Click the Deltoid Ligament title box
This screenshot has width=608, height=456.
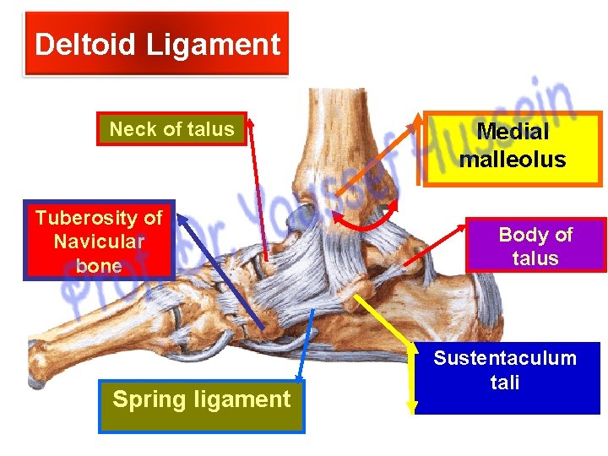157,44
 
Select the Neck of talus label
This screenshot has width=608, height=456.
171,129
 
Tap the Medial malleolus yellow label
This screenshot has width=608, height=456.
513,145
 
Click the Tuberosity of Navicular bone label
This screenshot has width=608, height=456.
99,242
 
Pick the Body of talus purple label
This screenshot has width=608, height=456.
535,246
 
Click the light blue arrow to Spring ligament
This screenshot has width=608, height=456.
306,347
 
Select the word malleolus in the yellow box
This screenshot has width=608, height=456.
513,159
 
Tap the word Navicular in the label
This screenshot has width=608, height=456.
99,242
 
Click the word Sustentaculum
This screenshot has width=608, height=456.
505,358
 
